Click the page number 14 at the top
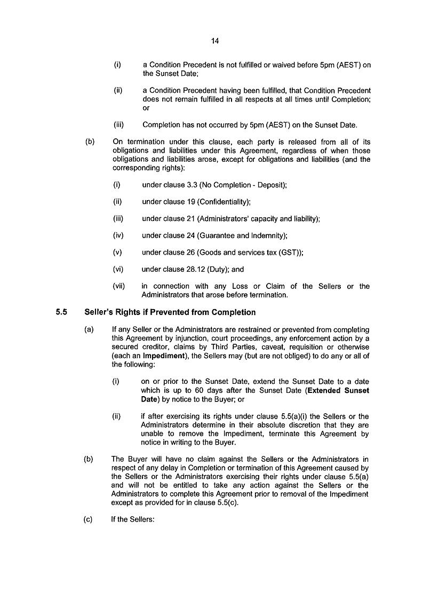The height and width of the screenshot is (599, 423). click(x=215, y=41)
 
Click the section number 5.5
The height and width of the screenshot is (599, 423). click(x=61, y=312)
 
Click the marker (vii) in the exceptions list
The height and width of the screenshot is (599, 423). click(x=119, y=286)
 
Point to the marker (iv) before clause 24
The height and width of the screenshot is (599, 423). click(x=118, y=235)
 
